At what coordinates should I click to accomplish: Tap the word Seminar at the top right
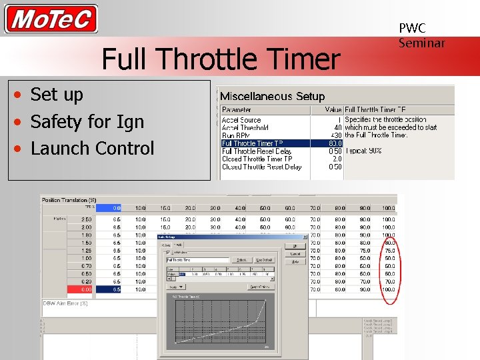421,43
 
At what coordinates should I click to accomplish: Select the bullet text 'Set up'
57,95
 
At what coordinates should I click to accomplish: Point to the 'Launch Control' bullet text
92,148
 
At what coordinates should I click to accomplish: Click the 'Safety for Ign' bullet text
87,121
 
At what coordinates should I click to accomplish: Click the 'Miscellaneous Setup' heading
272,97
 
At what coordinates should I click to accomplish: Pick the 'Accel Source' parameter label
241,120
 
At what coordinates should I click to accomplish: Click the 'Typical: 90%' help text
363,151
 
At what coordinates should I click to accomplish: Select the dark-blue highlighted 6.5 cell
116,289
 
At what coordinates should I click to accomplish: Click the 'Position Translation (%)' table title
69,200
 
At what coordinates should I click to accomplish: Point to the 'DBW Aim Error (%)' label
65,303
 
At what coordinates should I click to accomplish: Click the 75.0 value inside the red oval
389,251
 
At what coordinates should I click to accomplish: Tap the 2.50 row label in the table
87,219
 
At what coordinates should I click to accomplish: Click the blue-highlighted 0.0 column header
116,208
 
